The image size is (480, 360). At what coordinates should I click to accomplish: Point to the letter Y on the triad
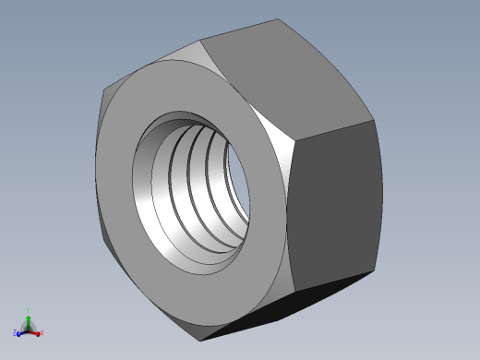(x=29, y=311)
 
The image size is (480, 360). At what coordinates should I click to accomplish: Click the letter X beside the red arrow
(x=42, y=332)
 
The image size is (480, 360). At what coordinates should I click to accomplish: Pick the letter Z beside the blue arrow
(x=15, y=333)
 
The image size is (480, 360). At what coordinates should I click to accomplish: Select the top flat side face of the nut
(x=282, y=74)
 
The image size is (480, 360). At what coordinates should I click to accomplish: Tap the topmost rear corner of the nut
(x=277, y=19)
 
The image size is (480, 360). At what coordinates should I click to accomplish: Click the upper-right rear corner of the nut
(x=373, y=120)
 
